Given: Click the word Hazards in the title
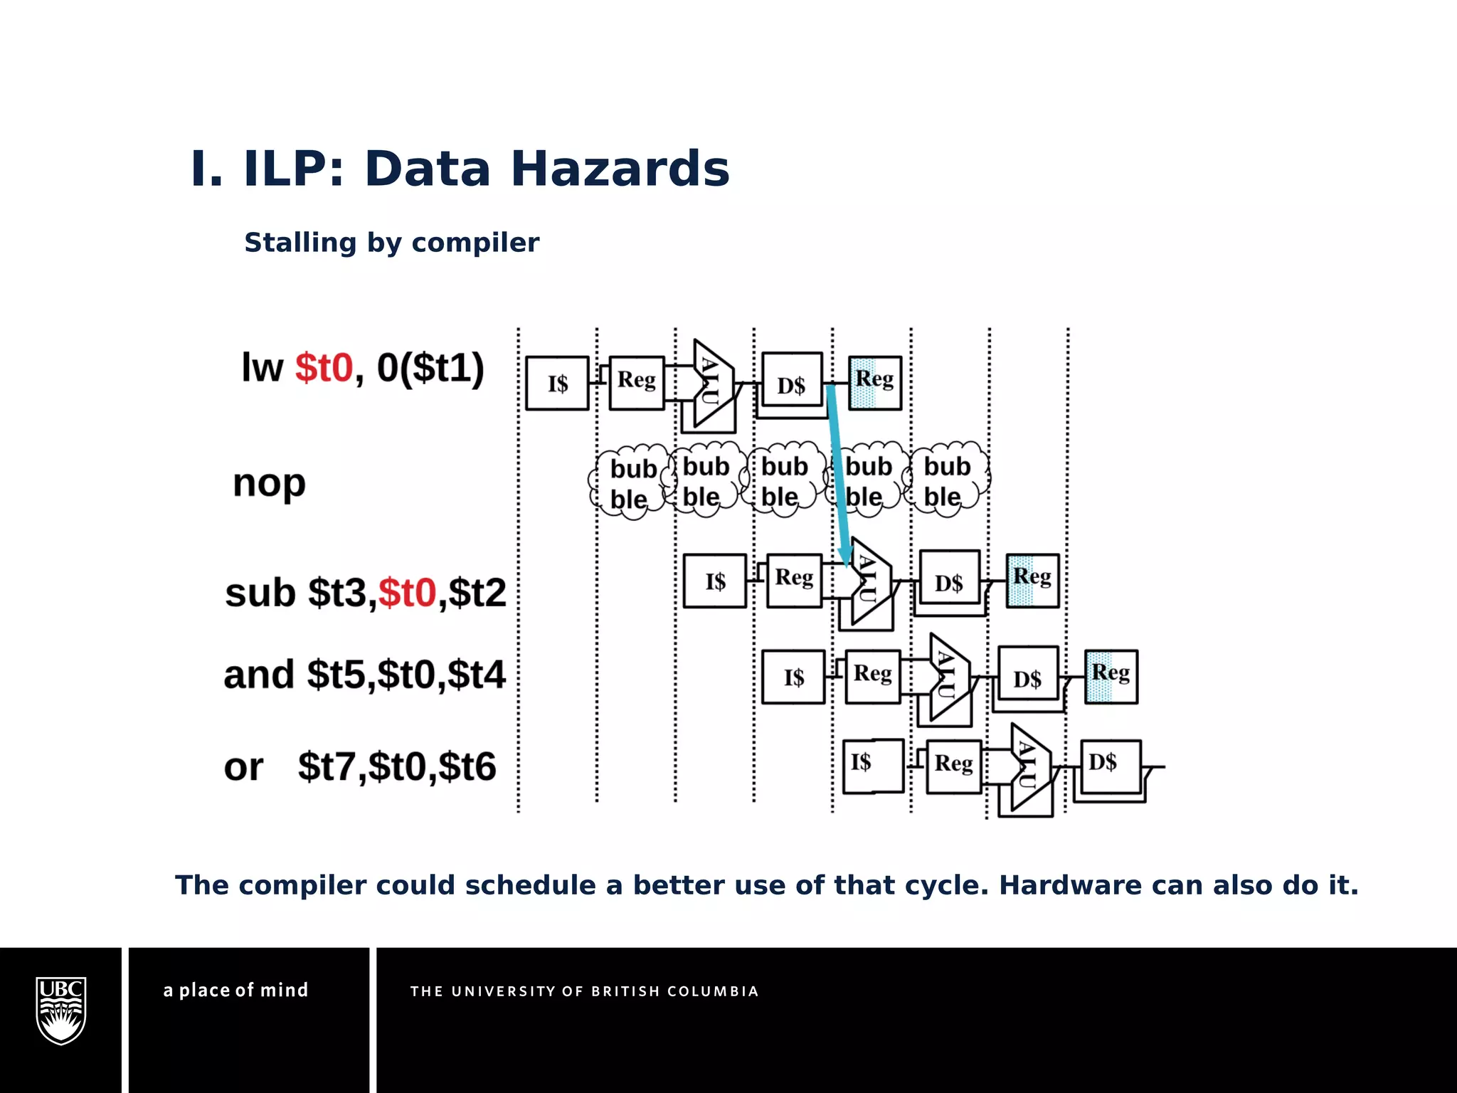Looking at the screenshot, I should click(620, 169).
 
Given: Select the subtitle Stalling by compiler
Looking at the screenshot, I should click(391, 243).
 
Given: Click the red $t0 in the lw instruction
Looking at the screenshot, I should click(324, 368).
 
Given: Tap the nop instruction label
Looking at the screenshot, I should click(269, 484).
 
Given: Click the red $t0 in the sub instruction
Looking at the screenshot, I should click(406, 593).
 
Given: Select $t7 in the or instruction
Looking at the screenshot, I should click(328, 767).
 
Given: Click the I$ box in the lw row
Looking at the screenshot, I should click(557, 384).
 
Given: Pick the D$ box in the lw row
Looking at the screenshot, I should click(791, 384).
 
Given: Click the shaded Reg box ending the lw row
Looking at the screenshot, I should click(874, 383).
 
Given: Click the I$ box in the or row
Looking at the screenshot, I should click(872, 766).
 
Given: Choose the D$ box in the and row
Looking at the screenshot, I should click(1027, 677).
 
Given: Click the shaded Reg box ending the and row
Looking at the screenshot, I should click(1111, 676).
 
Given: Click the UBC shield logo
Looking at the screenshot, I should click(61, 1010).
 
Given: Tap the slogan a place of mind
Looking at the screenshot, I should click(235, 990).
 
